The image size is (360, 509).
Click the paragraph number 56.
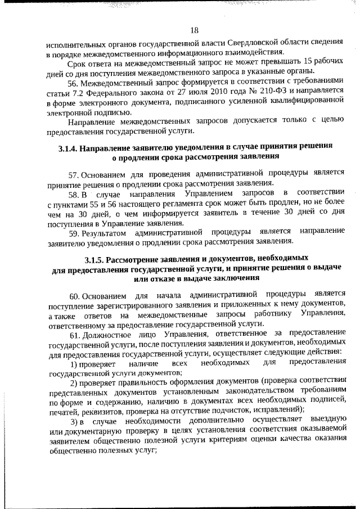pyautogui.click(x=75, y=83)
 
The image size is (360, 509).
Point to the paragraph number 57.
pyautogui.click(x=75, y=174)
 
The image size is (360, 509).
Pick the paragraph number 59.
pyautogui.click(x=75, y=233)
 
